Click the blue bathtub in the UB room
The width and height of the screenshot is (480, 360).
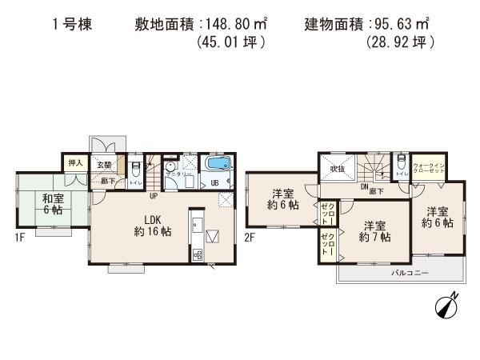click(x=215, y=165)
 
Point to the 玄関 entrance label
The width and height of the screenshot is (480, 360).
click(x=104, y=165)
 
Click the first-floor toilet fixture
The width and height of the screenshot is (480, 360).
click(x=136, y=169)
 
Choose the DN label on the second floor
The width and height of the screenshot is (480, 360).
click(x=363, y=187)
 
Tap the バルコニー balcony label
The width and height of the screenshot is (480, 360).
click(x=409, y=273)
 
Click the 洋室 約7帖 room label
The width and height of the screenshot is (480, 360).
click(x=374, y=232)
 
